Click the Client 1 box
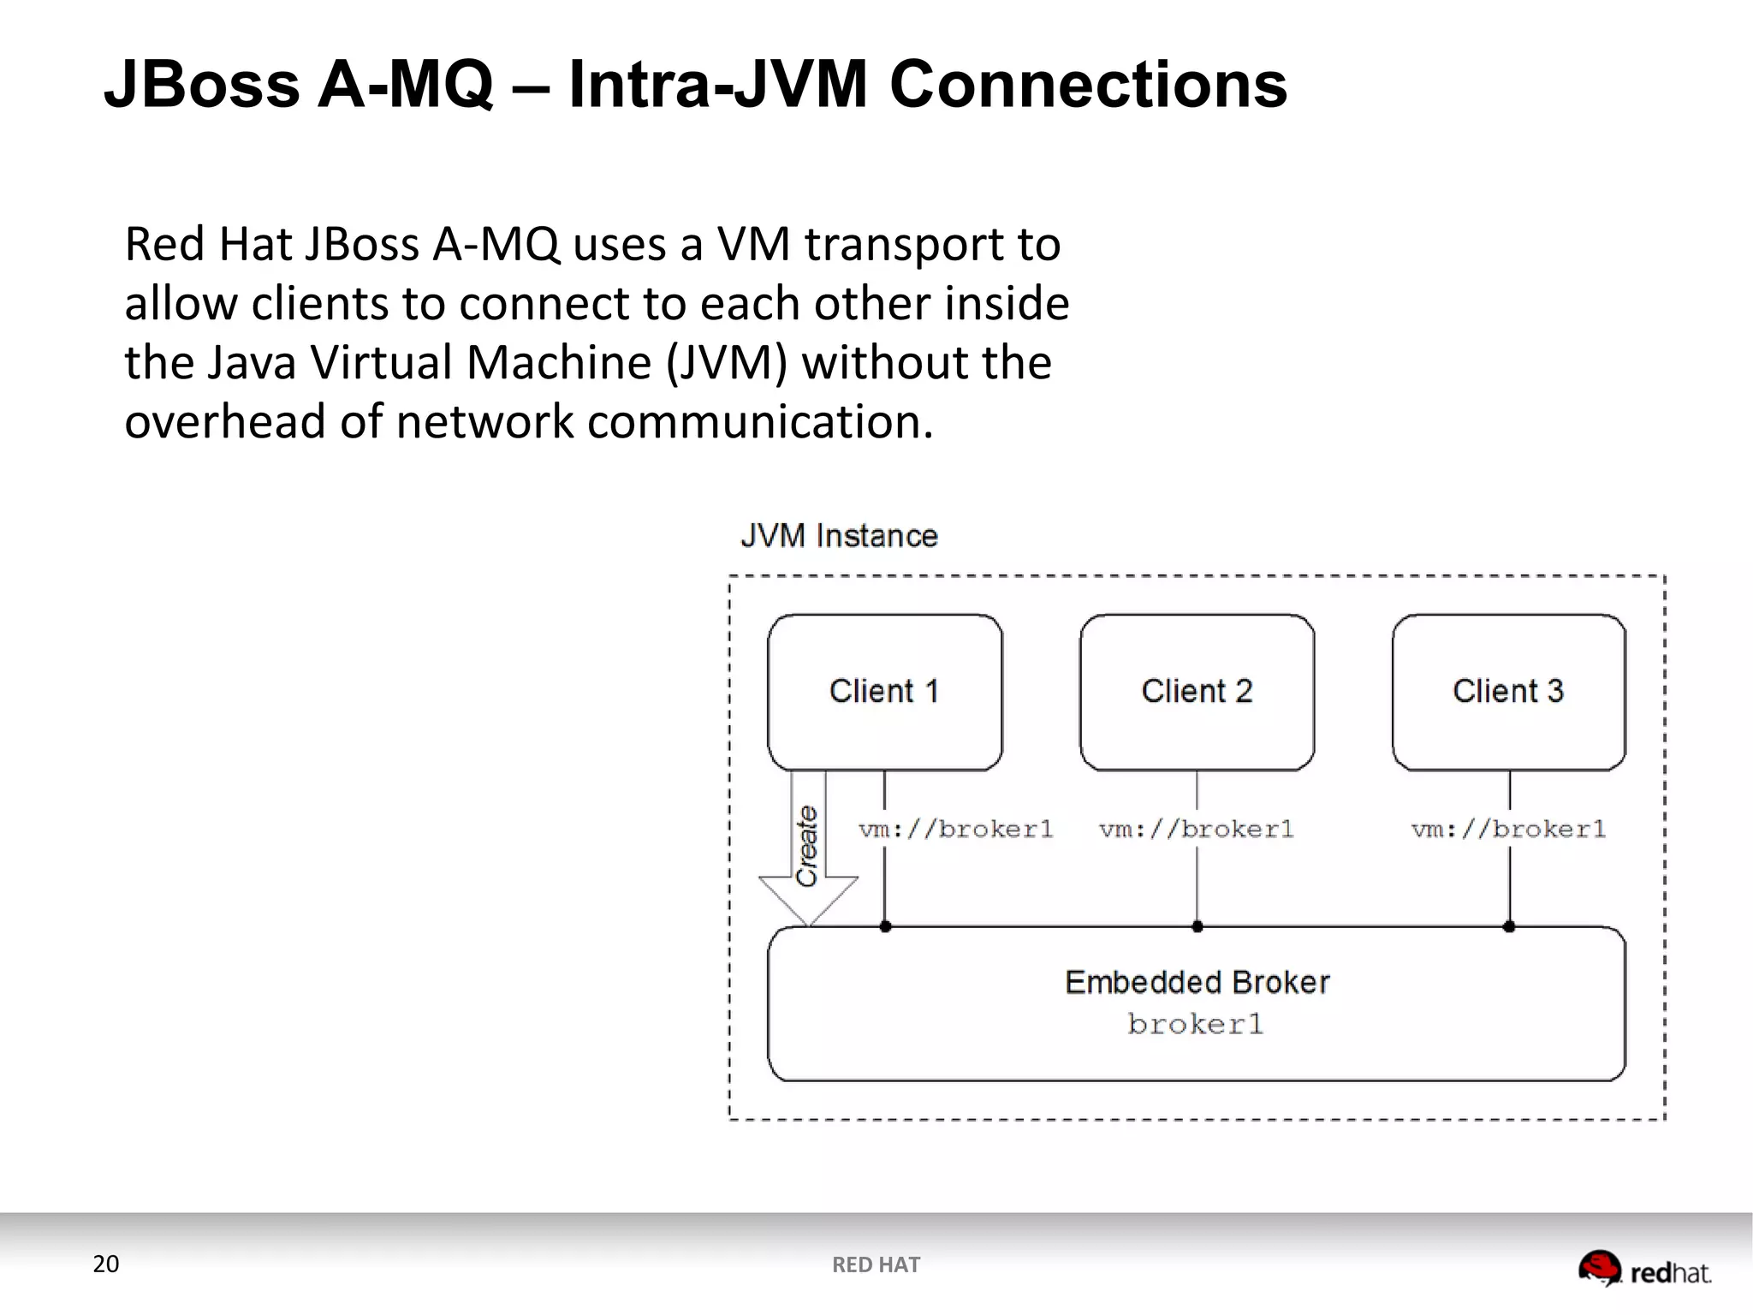click(x=884, y=692)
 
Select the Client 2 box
click(x=1197, y=692)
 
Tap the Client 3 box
click(x=1508, y=692)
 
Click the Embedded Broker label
click(x=1197, y=982)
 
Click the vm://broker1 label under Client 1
click(x=955, y=829)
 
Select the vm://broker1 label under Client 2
click(x=1196, y=829)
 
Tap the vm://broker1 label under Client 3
click(x=1508, y=829)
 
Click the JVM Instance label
click(x=839, y=536)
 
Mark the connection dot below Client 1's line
click(x=885, y=926)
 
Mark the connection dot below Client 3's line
click(x=1509, y=926)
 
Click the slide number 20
click(x=106, y=1264)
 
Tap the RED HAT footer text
click(x=876, y=1264)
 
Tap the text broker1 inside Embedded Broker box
click(x=1196, y=1024)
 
